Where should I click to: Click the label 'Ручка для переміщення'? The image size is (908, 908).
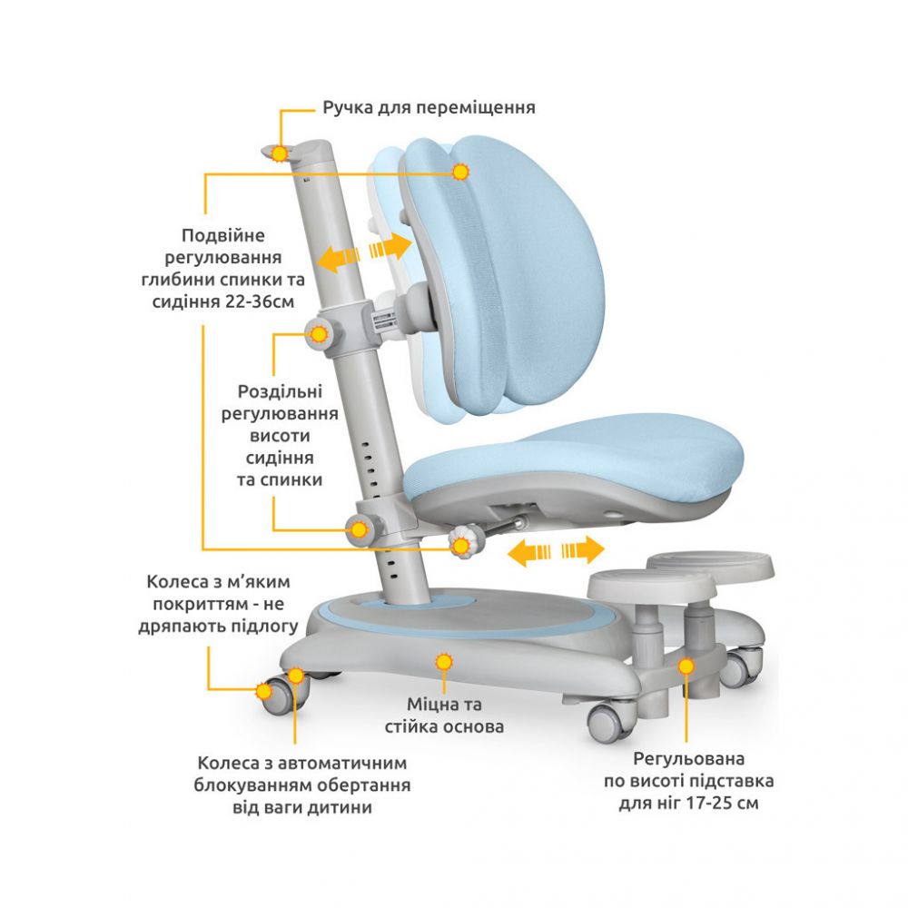click(429, 108)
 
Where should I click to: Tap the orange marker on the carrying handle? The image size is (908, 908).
click(280, 153)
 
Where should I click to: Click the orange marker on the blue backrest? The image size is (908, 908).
click(461, 172)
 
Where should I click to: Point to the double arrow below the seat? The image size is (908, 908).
click(556, 550)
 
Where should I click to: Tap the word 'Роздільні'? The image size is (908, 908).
click(280, 392)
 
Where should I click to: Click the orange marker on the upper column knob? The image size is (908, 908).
click(319, 334)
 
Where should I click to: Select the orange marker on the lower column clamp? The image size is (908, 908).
click(359, 529)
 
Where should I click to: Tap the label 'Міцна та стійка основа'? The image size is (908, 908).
click(444, 716)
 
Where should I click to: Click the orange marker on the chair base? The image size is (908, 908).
click(444, 662)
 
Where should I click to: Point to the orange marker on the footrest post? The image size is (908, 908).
click(686, 666)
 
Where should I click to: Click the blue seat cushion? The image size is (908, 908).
click(573, 458)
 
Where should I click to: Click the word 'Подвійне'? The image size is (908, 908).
click(223, 236)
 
